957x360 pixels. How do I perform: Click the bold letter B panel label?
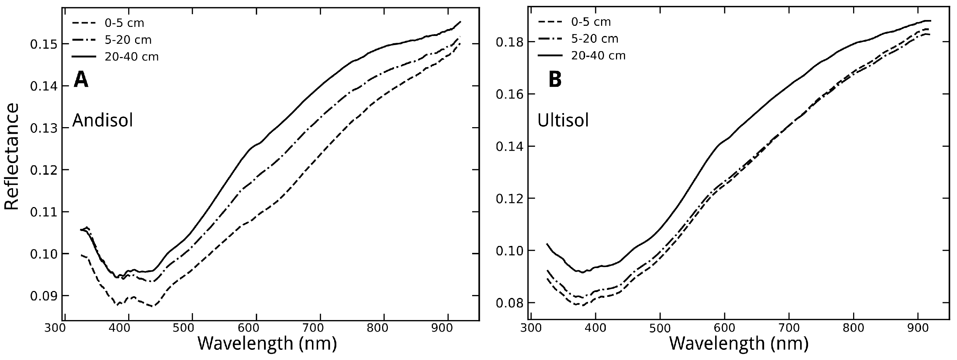tap(555, 80)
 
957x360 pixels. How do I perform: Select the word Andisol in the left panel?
tap(102, 121)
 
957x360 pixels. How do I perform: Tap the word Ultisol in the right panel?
tap(563, 121)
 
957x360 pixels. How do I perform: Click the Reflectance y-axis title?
tap(12, 157)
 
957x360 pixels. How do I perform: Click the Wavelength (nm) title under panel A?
tap(267, 343)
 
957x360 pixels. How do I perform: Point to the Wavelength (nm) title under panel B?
tap(739, 343)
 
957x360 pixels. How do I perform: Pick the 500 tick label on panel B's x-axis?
tap(660, 328)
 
